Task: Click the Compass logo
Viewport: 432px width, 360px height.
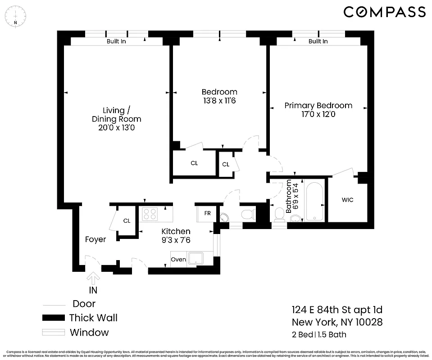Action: coord(384,12)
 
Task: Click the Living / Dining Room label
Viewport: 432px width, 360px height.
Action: coord(116,115)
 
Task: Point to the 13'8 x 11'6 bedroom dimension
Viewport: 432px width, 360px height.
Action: coord(219,101)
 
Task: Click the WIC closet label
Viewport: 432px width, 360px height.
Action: coord(347,200)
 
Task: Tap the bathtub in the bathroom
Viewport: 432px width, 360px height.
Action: coord(314,201)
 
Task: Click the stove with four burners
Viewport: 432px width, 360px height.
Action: coord(150,213)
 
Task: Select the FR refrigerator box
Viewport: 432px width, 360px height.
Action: coord(207,213)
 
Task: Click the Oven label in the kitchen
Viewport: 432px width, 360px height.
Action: coord(178,259)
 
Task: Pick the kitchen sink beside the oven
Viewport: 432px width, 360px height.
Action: coord(196,258)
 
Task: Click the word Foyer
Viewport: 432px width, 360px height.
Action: coord(95,239)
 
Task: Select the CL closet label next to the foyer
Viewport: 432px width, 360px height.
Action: coord(127,221)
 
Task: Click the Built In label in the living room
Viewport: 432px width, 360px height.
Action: coord(116,41)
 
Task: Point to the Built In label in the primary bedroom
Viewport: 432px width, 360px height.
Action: coord(318,41)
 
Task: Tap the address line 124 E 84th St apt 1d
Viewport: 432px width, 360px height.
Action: coord(337,310)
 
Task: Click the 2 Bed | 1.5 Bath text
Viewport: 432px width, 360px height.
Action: coord(319,334)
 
